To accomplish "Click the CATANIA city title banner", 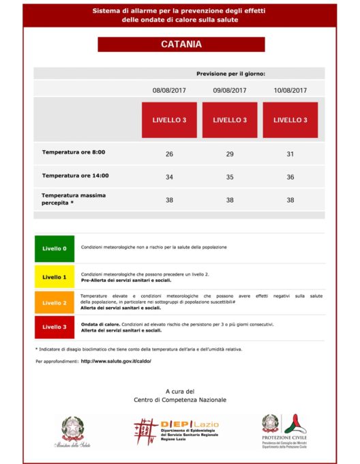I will [x=181, y=44].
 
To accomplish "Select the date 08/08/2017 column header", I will [x=169, y=89].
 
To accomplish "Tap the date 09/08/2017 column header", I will [x=230, y=89].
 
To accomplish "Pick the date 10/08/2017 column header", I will [x=290, y=89].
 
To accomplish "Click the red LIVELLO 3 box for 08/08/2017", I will [x=169, y=120].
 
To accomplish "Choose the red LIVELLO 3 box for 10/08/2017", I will [x=290, y=120].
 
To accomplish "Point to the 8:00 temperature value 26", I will [x=169, y=154].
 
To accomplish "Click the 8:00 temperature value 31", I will [x=290, y=154].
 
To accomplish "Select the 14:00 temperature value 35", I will [x=230, y=177].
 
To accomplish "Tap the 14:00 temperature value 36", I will [x=290, y=177].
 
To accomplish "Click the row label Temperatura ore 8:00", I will [x=74, y=152].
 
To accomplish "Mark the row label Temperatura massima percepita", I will [x=74, y=199].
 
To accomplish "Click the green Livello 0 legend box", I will [x=55, y=248].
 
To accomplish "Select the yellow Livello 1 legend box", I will [x=55, y=277].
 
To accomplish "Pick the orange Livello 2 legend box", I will [x=55, y=302].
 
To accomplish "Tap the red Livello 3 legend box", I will [x=55, y=327].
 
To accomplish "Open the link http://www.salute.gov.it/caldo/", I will [x=116, y=361].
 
